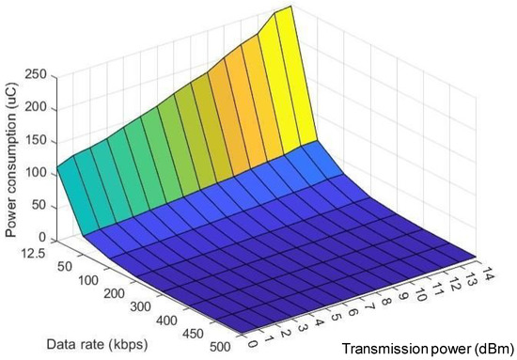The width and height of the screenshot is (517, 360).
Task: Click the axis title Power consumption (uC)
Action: pyautogui.click(x=12, y=155)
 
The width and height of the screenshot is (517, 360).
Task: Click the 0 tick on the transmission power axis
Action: pyautogui.click(x=250, y=341)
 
